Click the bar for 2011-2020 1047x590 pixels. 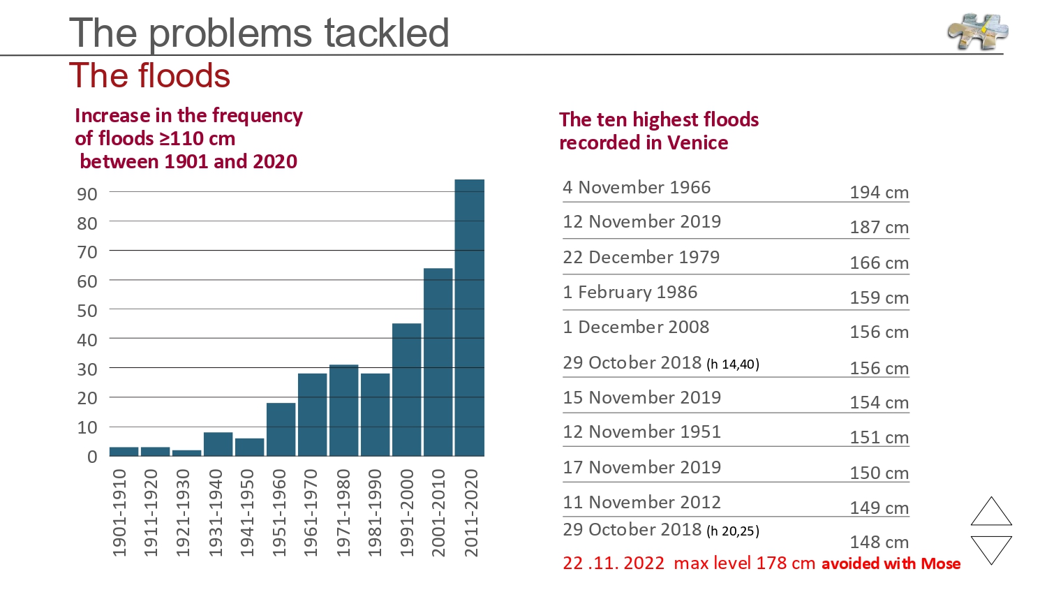coord(469,318)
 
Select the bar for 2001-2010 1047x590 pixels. coord(438,362)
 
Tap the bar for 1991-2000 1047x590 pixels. coord(406,390)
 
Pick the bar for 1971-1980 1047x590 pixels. coord(343,410)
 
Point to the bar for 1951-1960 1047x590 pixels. coord(281,429)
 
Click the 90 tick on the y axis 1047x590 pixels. coord(87,194)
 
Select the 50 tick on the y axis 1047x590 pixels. coord(87,311)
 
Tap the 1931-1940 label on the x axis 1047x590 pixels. coord(216,512)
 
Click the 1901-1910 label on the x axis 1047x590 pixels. coord(119,512)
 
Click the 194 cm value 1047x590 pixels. coord(879,193)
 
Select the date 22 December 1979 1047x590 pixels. coord(641,257)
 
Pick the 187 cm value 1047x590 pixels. coord(879,228)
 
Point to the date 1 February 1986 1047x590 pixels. coord(630,292)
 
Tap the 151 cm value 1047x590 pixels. coord(879,438)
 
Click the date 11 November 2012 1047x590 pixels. coord(641,502)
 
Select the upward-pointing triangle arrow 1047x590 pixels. coord(991,513)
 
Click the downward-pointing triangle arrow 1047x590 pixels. coord(991,547)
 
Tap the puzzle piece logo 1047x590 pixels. coord(977,31)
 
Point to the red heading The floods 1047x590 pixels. coord(149,75)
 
